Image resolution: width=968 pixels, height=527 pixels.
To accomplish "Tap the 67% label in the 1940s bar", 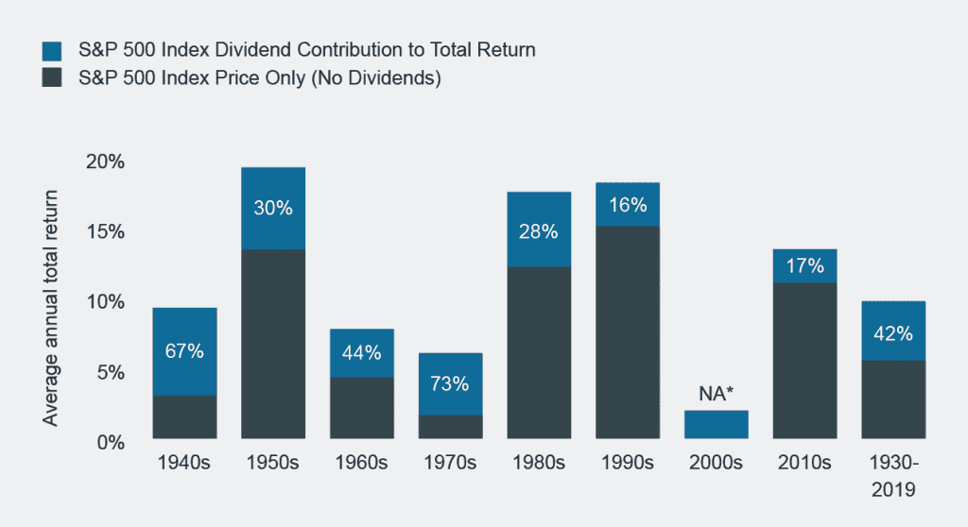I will (184, 351).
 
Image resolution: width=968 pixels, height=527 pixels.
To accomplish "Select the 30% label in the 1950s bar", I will (273, 208).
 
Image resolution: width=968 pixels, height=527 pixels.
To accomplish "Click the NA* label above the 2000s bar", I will (716, 392).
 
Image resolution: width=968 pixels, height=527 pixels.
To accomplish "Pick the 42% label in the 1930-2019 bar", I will (892, 333).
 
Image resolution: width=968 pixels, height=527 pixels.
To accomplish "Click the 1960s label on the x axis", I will (361, 464).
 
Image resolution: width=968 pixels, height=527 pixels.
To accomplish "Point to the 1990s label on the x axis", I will (627, 464).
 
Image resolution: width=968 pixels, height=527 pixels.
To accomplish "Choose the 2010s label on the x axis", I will (804, 464).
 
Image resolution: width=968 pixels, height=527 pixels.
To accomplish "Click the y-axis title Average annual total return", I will (51, 308).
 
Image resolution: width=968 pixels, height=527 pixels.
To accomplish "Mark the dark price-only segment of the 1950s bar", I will (273, 344).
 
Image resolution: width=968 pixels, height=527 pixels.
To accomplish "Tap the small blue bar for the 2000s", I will (716, 424).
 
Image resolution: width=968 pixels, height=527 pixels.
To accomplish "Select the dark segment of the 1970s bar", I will (450, 427).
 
